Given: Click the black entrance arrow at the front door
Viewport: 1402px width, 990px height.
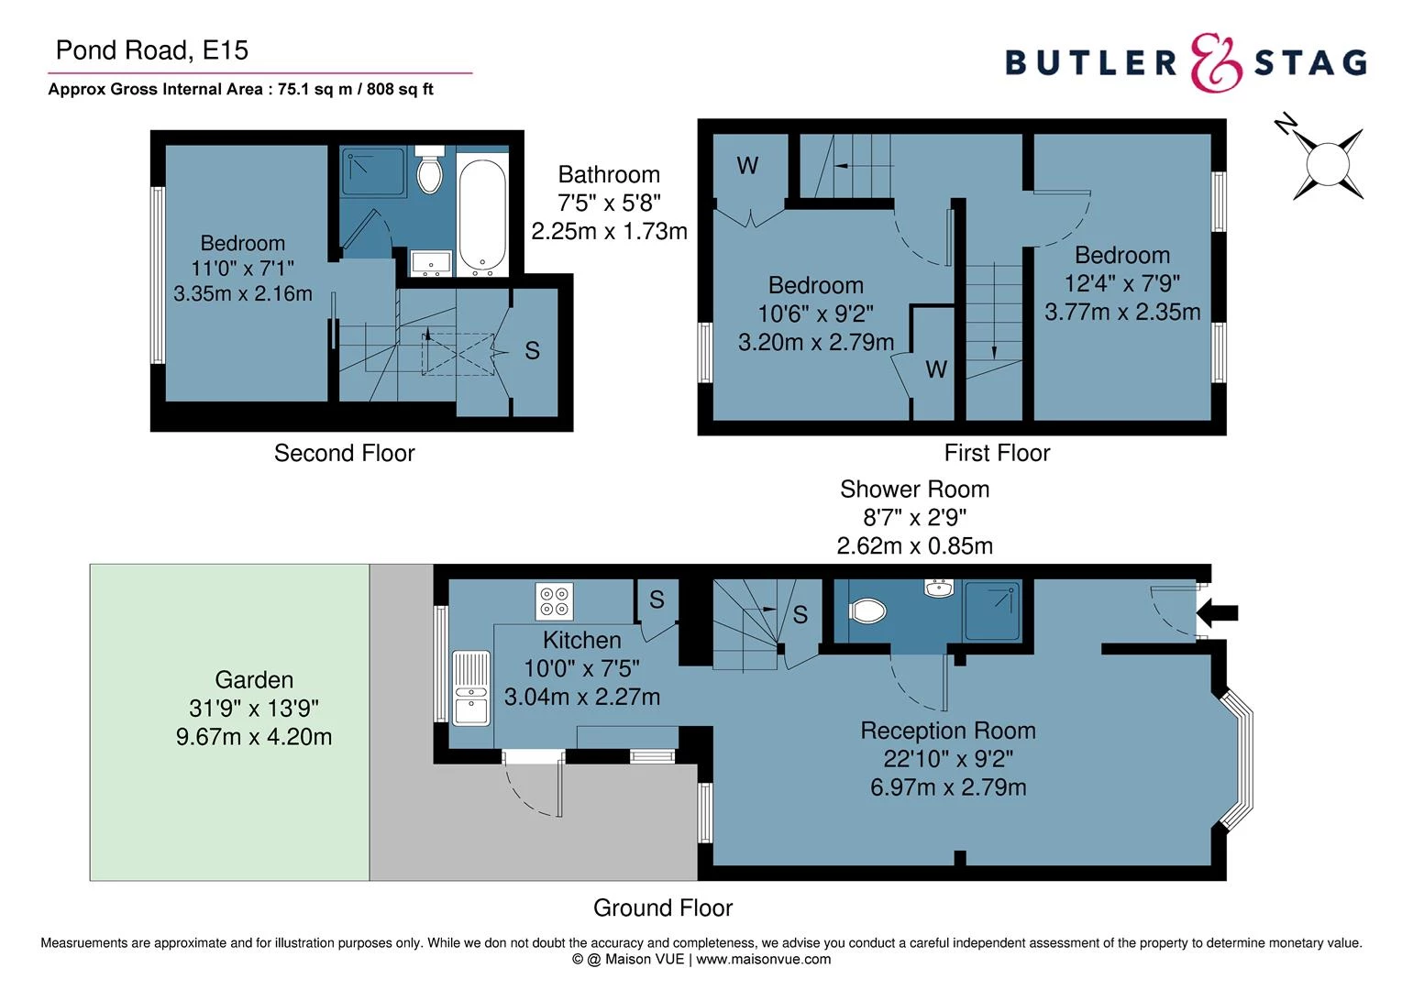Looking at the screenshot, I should (1224, 613).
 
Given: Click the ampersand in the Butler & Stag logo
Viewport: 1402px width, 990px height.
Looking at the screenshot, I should (1216, 63).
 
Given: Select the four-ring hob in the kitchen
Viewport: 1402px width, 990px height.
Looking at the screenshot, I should (554, 601).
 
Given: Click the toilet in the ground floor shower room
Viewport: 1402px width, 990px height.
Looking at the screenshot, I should (867, 610).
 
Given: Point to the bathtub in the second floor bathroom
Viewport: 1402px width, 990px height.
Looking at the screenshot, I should (481, 217).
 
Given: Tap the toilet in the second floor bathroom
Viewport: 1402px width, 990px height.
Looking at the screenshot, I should (429, 170).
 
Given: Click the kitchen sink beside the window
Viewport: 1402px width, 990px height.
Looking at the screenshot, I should (471, 688).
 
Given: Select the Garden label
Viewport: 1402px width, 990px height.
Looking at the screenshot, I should (254, 680).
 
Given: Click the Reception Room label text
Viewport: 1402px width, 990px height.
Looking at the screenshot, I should (948, 731).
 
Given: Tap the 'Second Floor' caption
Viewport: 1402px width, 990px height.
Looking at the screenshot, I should (344, 453).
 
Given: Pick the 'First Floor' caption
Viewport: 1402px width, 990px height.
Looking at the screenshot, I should (997, 453).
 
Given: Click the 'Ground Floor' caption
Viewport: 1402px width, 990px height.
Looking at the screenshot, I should (662, 907).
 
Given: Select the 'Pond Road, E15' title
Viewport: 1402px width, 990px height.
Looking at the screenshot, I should (151, 49).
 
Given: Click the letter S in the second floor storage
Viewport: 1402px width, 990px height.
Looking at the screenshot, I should (532, 350).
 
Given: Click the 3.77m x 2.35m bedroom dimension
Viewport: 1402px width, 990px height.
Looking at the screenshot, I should (1122, 312).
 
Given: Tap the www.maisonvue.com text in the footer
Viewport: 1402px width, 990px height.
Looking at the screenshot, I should (764, 960).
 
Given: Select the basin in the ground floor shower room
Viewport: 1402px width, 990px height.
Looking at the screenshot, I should (938, 587).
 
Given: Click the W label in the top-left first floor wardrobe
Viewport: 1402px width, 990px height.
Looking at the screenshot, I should (747, 166).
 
